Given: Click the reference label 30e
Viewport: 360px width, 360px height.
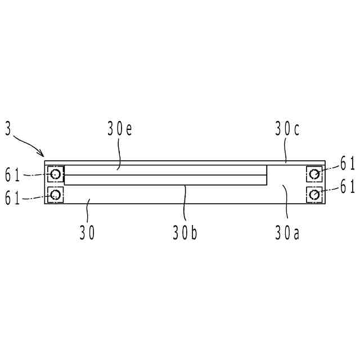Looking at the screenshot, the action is pyautogui.click(x=120, y=129).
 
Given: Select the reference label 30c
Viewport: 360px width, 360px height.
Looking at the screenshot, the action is pyautogui.click(x=287, y=129).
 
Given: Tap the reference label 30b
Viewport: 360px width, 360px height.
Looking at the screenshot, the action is pyautogui.click(x=185, y=233).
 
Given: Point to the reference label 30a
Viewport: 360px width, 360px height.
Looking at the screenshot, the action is pyautogui.click(x=287, y=233).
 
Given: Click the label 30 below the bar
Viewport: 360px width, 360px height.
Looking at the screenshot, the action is pyautogui.click(x=87, y=233).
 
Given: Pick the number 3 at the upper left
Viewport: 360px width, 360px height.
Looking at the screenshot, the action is pyautogui.click(x=8, y=129).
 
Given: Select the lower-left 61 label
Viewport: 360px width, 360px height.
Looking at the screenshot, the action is pyautogui.click(x=12, y=198).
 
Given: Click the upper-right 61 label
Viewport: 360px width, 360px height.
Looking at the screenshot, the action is pyautogui.click(x=348, y=164).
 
